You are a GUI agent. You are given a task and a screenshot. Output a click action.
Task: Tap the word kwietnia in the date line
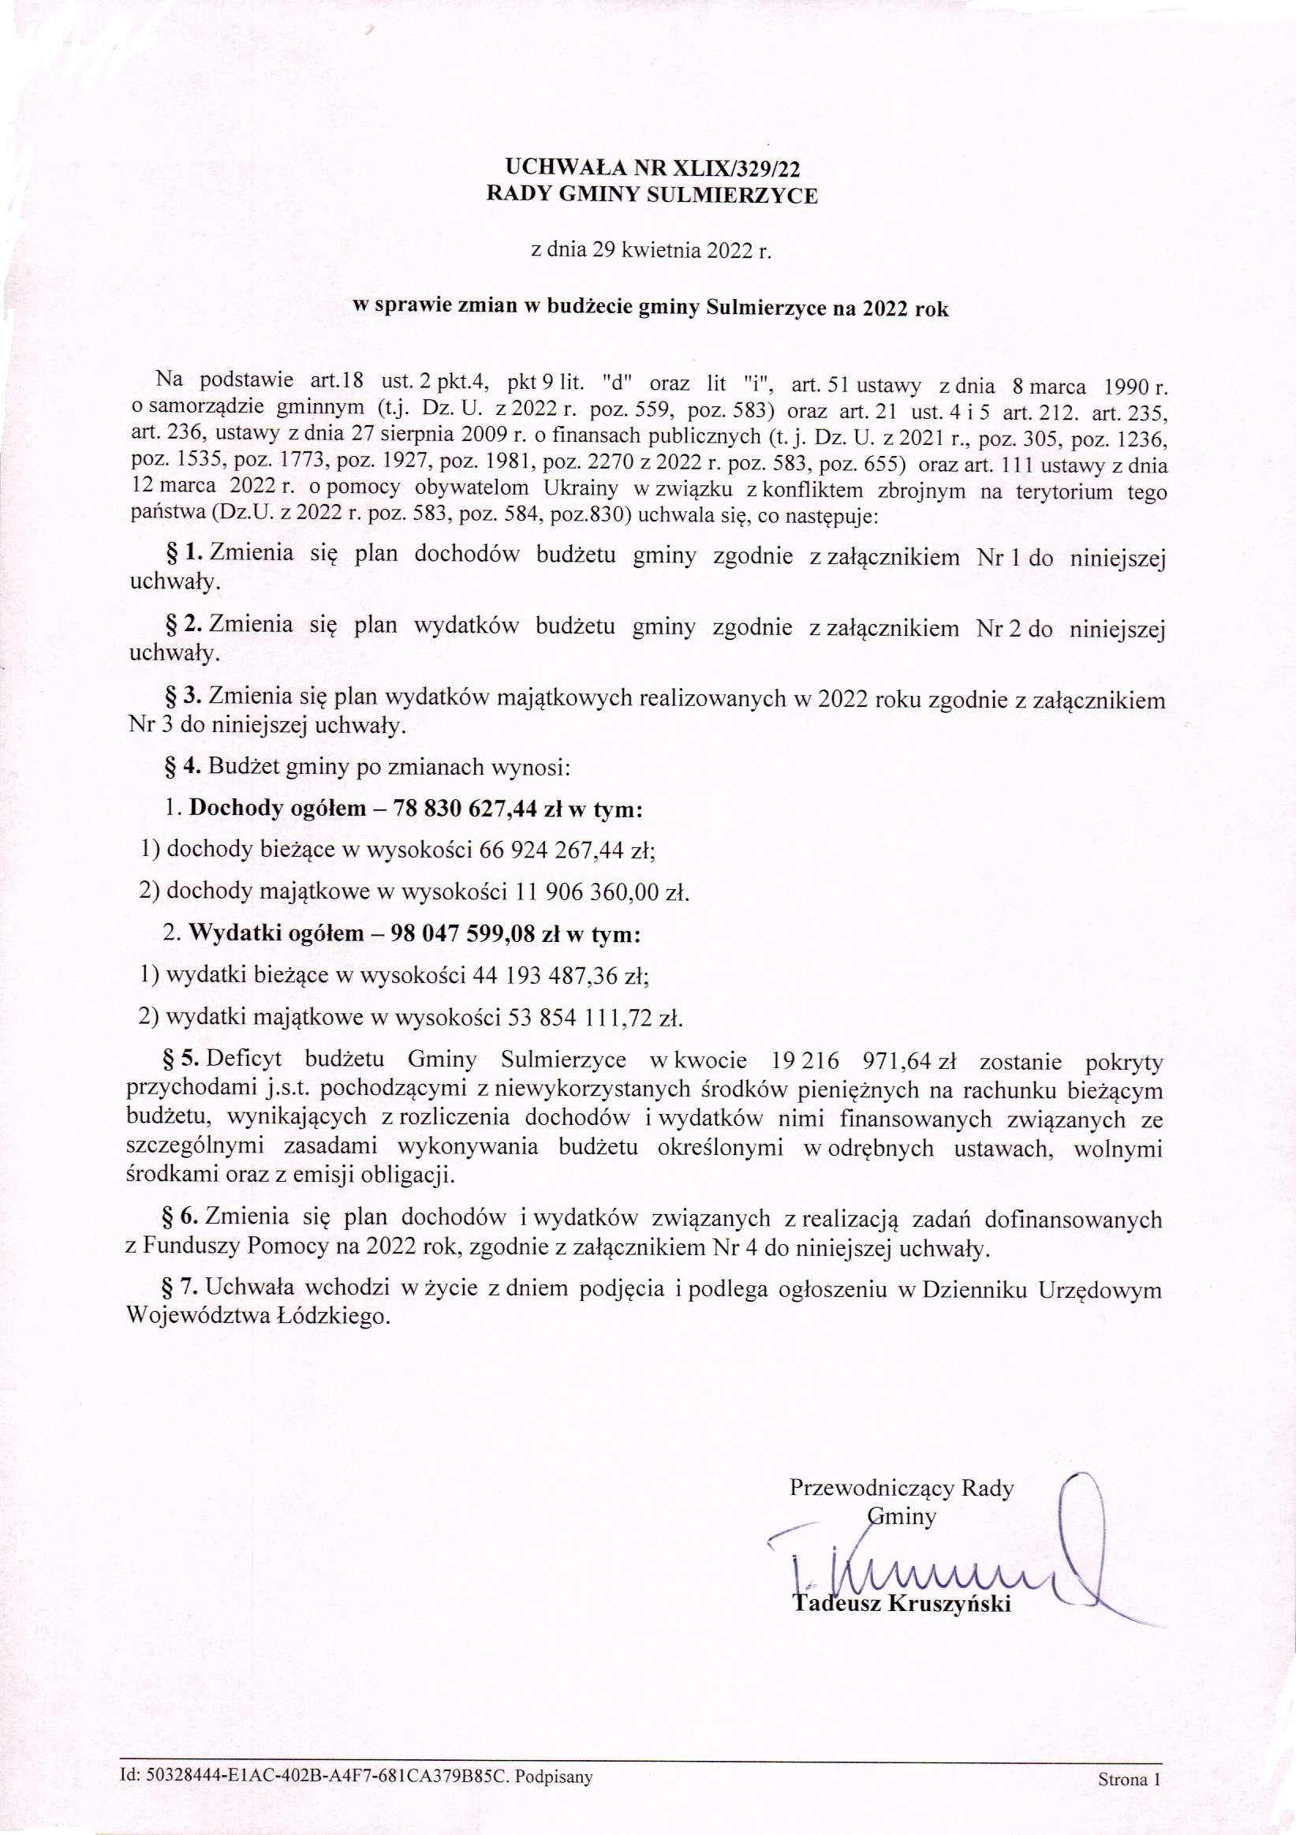click(x=655, y=252)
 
